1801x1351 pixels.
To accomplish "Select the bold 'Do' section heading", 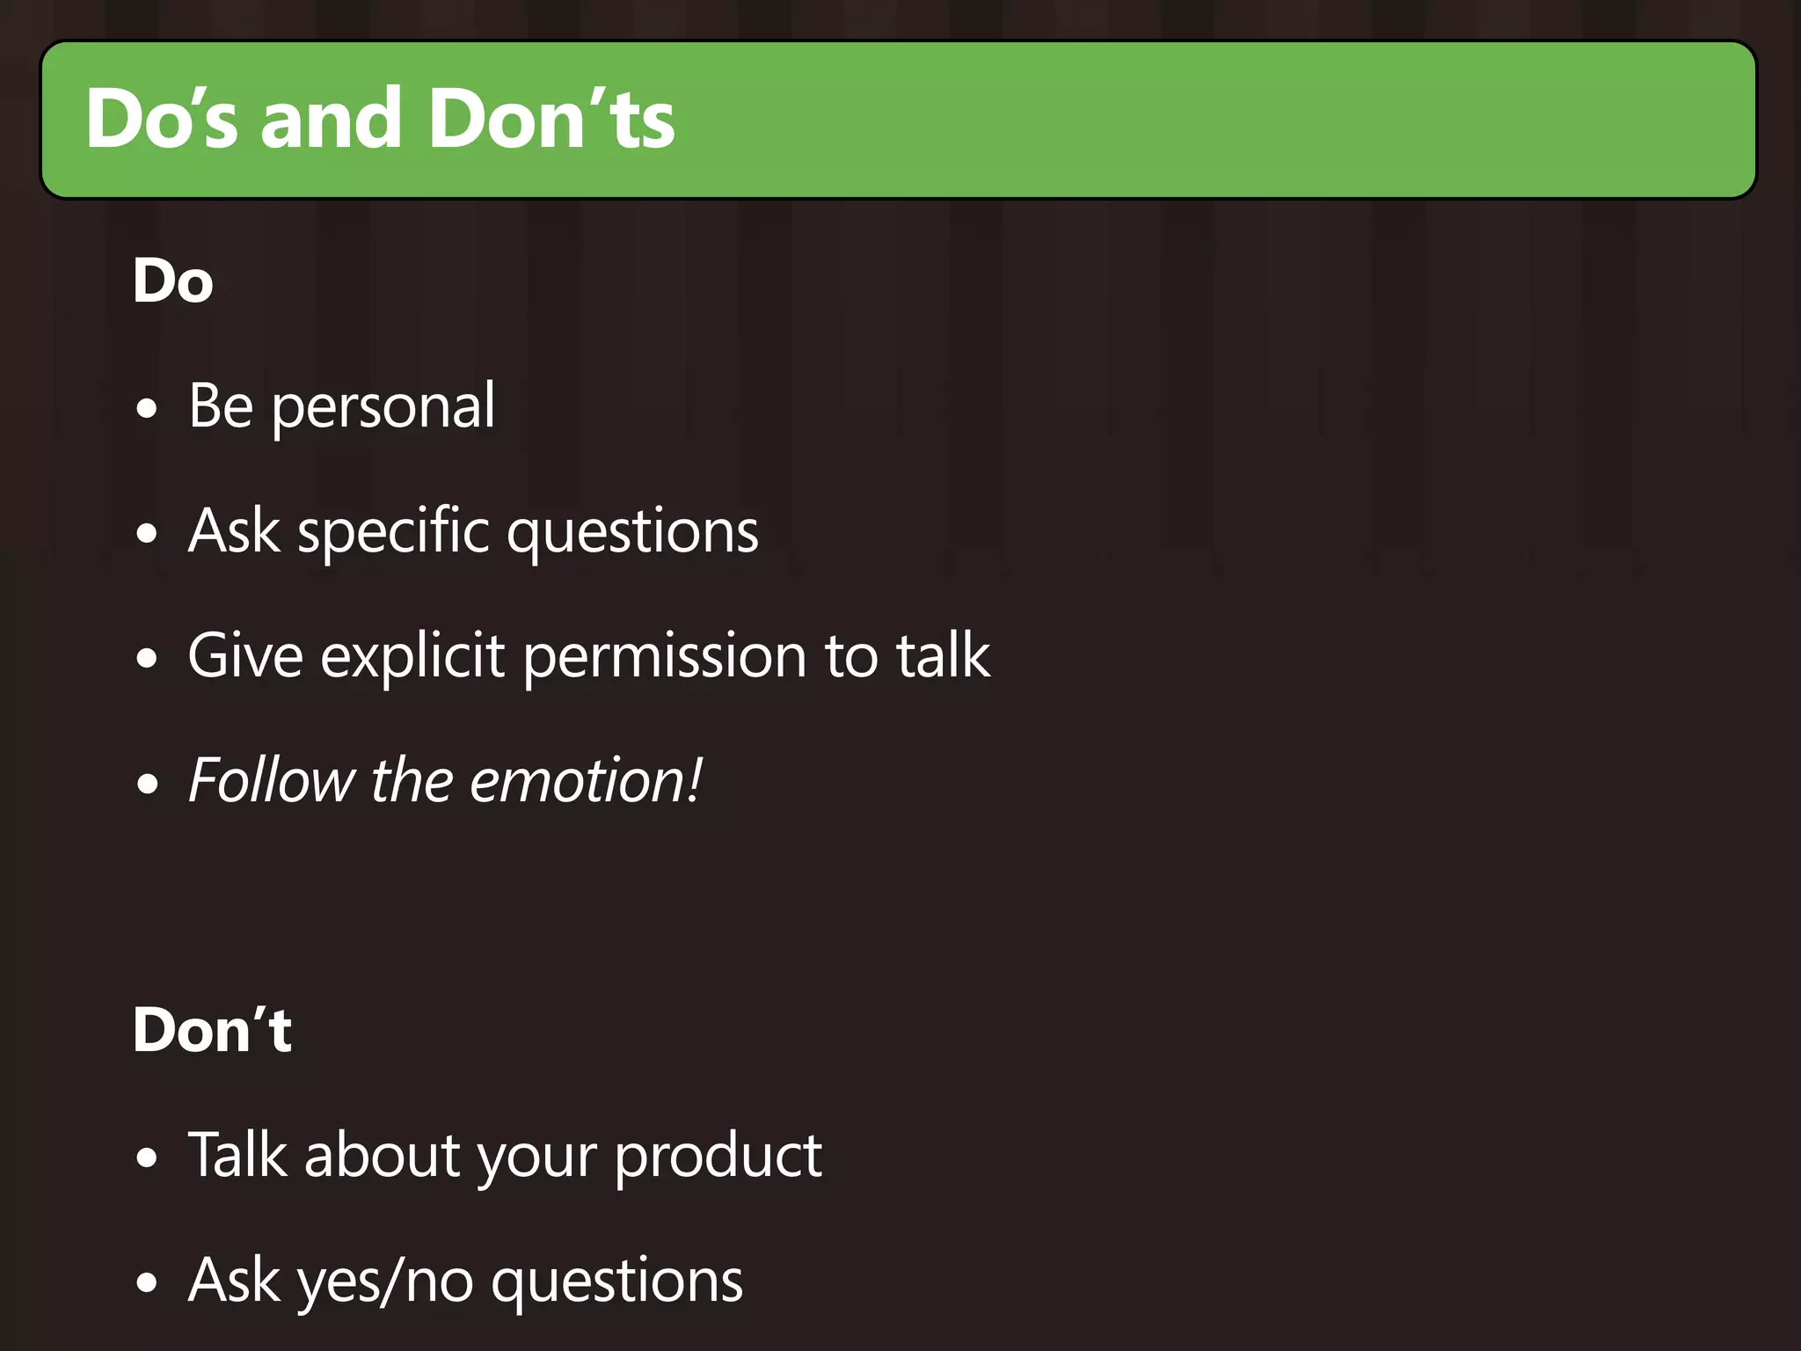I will point(173,281).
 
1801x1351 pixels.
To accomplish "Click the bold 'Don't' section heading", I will point(212,1030).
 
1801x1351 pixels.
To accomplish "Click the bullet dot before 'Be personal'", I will point(148,409).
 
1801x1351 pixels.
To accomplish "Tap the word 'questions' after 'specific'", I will point(633,533).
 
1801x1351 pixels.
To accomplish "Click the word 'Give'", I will point(245,656).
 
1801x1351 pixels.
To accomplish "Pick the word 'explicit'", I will point(412,658).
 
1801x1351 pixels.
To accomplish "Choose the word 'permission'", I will point(665,658).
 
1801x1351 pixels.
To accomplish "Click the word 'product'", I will point(718,1156).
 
